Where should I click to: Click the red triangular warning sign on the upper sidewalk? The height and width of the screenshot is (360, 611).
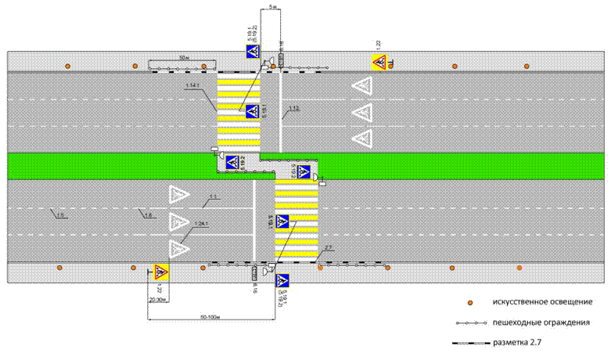pos(379,62)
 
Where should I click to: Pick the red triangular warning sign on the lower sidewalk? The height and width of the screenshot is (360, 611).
pos(160,273)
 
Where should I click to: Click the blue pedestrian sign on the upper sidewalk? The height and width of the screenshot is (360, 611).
pos(253,52)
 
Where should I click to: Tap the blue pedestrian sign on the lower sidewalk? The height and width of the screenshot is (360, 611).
pos(282,280)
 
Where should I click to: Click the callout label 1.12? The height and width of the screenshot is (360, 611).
pos(294,108)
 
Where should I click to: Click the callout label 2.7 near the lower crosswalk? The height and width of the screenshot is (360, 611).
pos(329,248)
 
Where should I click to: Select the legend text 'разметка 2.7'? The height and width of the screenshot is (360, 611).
pos(519,343)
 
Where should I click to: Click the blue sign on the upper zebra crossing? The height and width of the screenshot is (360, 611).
pos(252,112)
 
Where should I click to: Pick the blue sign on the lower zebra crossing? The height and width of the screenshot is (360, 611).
pos(282,221)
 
